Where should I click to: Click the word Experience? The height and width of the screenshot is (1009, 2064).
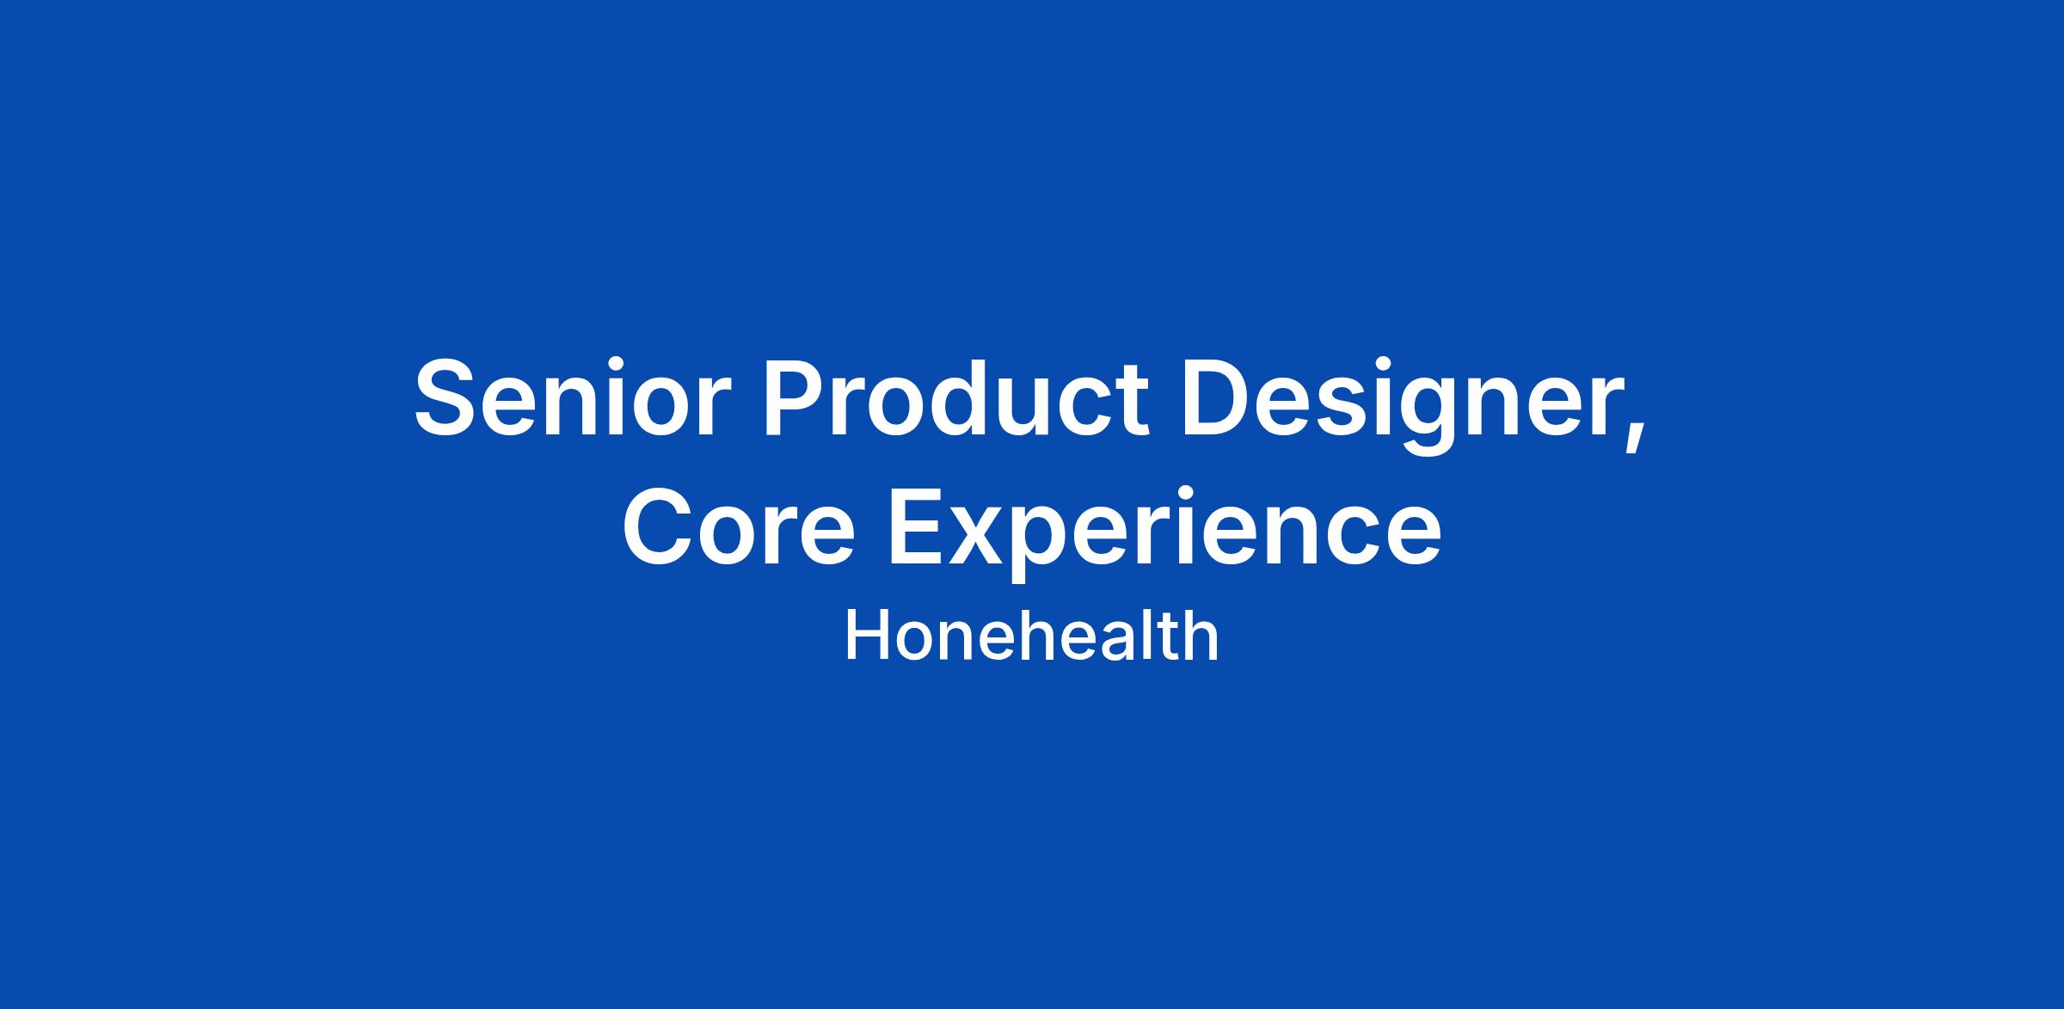pyautogui.click(x=1165, y=533)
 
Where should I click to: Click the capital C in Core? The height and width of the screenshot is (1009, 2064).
pyautogui.click(x=660, y=527)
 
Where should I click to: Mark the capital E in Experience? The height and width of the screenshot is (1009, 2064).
pyautogui.click(x=918, y=527)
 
